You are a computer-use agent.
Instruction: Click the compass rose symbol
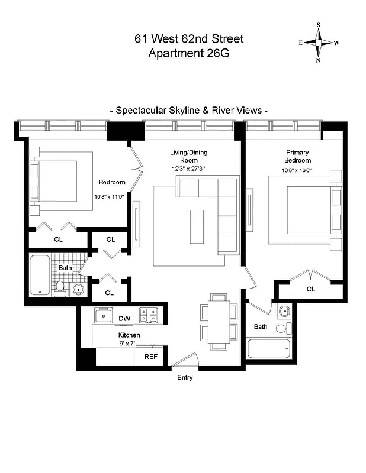coord(319,43)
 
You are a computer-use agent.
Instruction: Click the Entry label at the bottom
coord(184,377)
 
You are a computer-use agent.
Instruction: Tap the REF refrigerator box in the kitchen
coord(150,357)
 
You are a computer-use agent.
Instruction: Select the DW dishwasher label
coord(124,319)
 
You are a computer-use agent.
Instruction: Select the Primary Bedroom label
coord(297,156)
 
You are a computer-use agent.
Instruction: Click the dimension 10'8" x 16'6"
coord(297,171)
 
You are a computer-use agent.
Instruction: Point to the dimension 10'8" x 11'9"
coord(111,197)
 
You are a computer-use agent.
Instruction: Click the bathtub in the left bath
coord(39,275)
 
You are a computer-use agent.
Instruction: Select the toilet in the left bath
coord(60,288)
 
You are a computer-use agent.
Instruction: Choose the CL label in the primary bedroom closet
coord(311,289)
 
